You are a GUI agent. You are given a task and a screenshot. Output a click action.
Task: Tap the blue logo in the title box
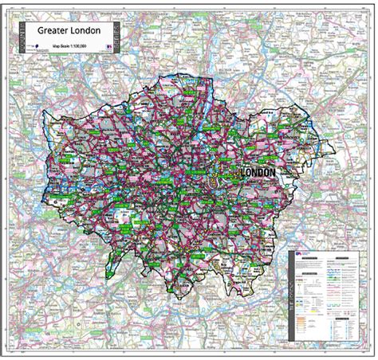[38, 48]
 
